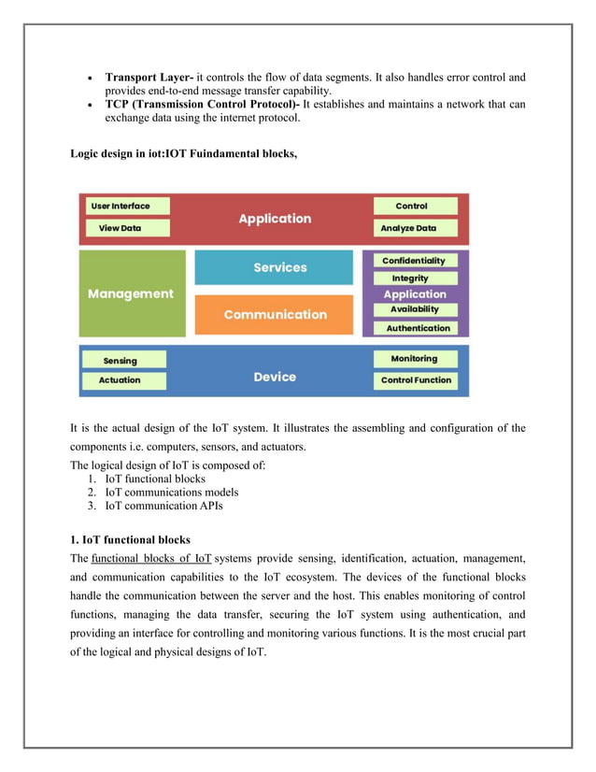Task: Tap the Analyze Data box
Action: click(x=415, y=228)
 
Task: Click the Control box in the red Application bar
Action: click(x=415, y=206)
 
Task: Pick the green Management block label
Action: click(x=131, y=293)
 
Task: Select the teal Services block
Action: click(x=274, y=267)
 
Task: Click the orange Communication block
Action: click(x=275, y=314)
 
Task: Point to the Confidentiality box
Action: click(x=414, y=261)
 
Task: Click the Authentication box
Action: click(x=418, y=328)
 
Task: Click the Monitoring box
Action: click(x=414, y=358)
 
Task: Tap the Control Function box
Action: click(x=416, y=380)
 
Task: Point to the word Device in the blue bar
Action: click(x=275, y=377)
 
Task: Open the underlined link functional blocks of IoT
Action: click(x=151, y=558)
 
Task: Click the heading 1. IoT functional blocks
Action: click(x=130, y=539)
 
